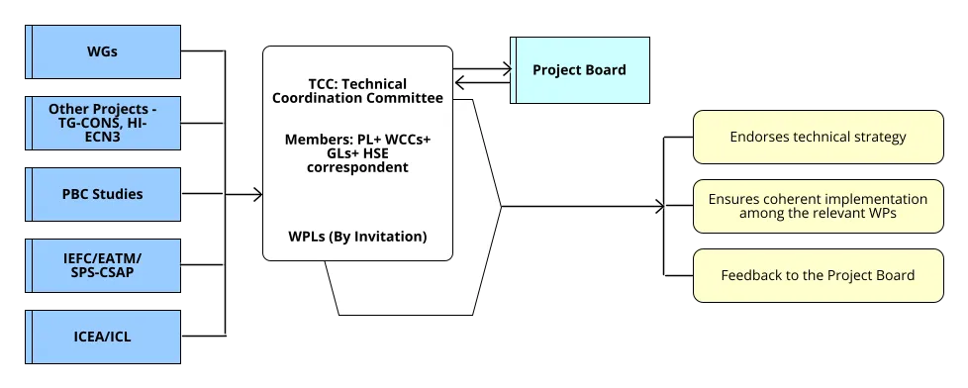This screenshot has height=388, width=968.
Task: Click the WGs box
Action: (103, 50)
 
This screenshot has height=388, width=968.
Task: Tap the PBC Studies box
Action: (103, 193)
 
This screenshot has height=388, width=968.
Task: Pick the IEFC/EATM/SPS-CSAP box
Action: (103, 264)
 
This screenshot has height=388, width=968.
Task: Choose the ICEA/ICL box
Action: (103, 337)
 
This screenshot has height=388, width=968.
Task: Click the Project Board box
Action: (579, 70)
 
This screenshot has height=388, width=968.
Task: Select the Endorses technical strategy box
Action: (818, 137)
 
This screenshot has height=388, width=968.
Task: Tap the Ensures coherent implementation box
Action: (818, 207)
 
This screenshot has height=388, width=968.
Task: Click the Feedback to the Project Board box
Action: (818, 275)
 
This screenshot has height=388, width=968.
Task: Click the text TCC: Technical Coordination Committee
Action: (357, 90)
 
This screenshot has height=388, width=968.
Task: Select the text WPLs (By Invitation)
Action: (357, 237)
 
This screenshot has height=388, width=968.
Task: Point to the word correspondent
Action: (357, 167)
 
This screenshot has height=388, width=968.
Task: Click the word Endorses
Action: (759, 137)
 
